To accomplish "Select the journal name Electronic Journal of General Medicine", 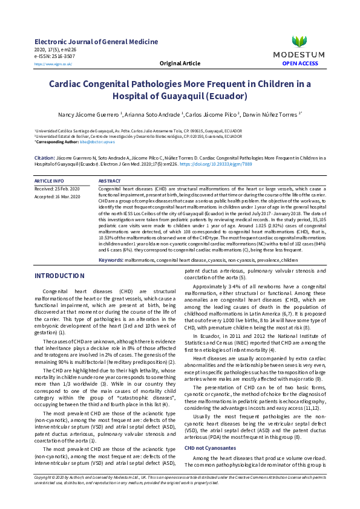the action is tap(96, 42).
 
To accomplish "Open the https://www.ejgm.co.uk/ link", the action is tap(53, 63).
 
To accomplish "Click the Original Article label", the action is tap(180, 63).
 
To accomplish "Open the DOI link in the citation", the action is tap(208, 163).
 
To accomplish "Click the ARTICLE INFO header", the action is tap(49, 181).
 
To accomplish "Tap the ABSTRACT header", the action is tap(109, 181).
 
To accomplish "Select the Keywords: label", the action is tap(111, 259).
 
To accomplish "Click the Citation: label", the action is tap(45, 157).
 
